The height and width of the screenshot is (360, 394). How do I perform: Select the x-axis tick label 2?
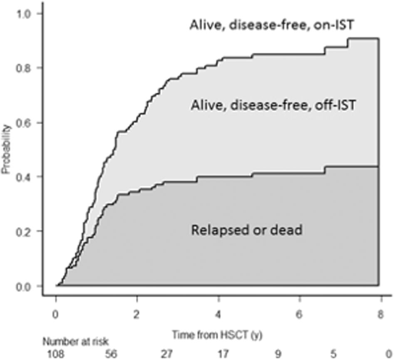137,314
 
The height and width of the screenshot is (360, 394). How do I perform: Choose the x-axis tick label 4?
219,314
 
